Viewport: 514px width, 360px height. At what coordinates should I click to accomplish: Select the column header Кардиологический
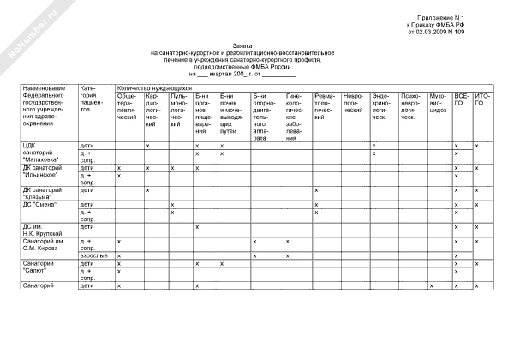(153, 110)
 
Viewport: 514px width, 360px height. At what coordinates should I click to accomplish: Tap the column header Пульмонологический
(178, 110)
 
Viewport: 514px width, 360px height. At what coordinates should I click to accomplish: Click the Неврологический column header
(355, 102)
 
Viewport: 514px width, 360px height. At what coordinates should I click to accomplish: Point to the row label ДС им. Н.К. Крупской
(39, 230)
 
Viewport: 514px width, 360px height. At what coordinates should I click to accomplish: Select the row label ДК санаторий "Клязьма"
(42, 194)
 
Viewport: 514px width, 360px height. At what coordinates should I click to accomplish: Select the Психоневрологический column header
(410, 105)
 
